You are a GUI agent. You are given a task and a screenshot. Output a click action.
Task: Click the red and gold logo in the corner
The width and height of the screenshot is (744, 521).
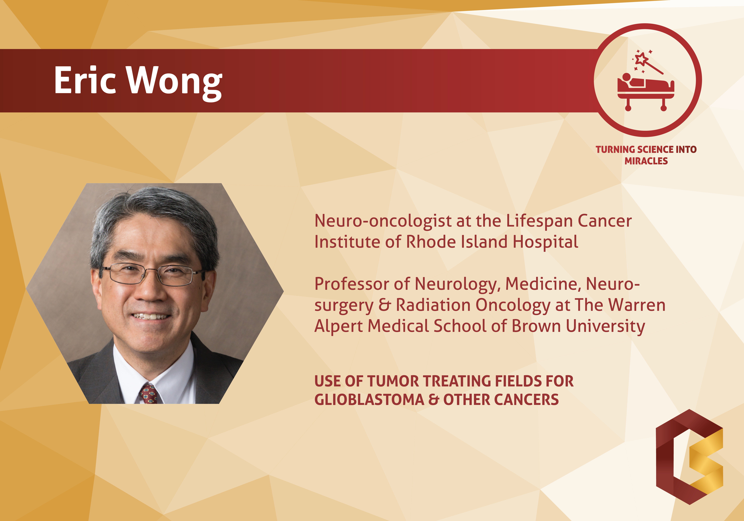coord(690,457)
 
